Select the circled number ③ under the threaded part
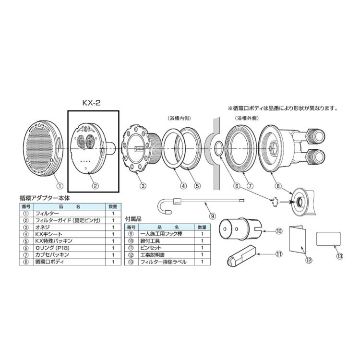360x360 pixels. coord(143,185)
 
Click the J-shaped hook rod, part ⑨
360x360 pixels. coord(202,202)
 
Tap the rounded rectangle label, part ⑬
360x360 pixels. coord(329,240)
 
